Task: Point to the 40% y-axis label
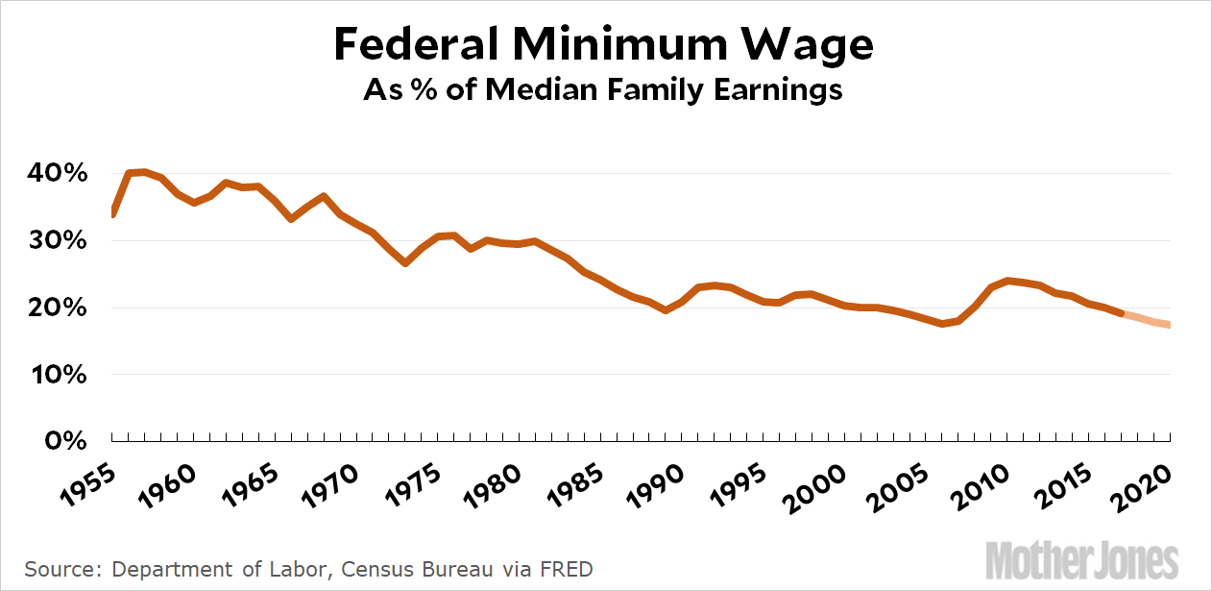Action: pyautogui.click(x=63, y=174)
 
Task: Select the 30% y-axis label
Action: pyautogui.click(x=63, y=241)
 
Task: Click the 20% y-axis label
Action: pyautogui.click(x=63, y=308)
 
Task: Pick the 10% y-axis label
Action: pyautogui.click(x=63, y=375)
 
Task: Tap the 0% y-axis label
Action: pyautogui.click(x=71, y=441)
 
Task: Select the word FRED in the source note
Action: pyautogui.click(x=566, y=569)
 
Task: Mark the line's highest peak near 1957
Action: pyautogui.click(x=143, y=172)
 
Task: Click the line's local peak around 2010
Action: pyautogui.click(x=1007, y=281)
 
